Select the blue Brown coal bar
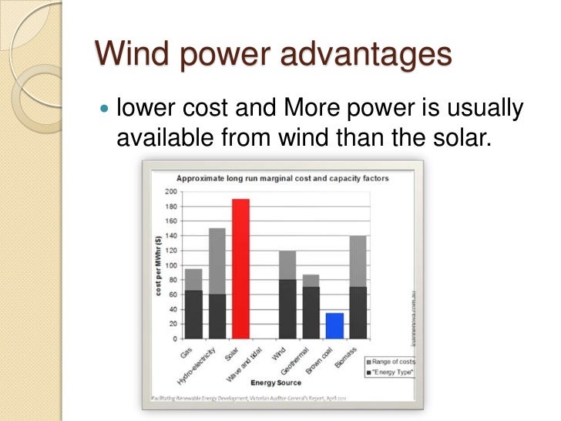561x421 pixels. pyautogui.click(x=334, y=325)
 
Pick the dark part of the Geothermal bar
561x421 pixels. pyautogui.click(x=311, y=312)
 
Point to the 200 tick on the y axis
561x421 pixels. pyautogui.click(x=171, y=191)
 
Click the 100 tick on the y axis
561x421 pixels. pyautogui.click(x=171, y=265)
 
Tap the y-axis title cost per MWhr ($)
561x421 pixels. pyautogui.click(x=158, y=264)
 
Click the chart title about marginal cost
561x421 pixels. pyautogui.click(x=282, y=177)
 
